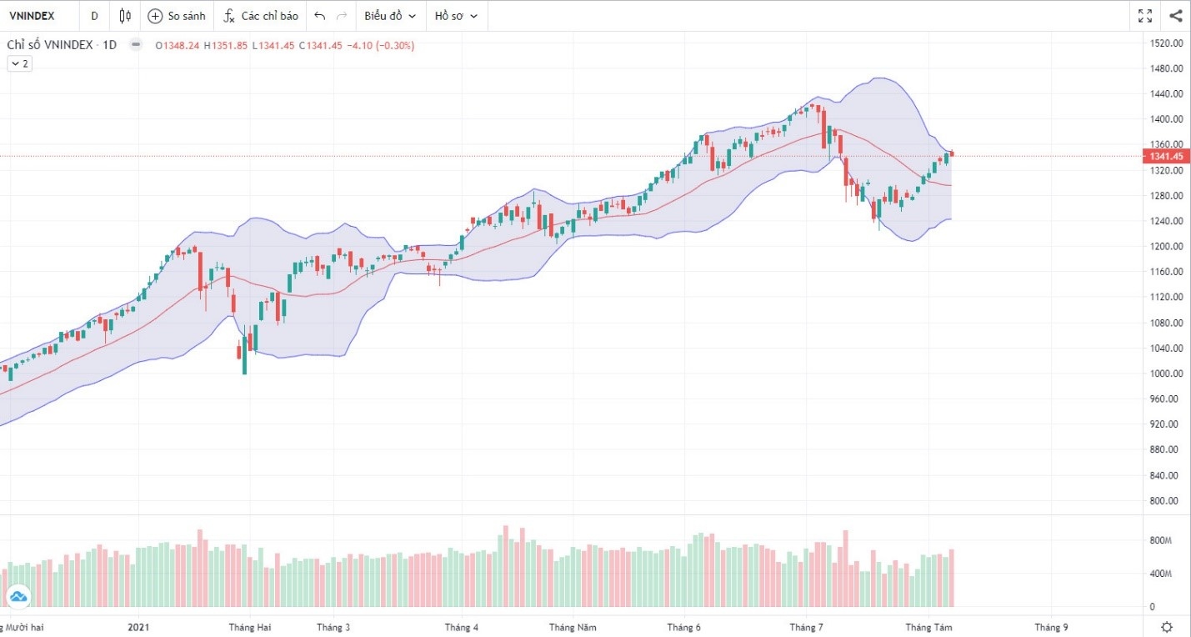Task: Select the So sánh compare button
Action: [176, 16]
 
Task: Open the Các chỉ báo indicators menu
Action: [260, 16]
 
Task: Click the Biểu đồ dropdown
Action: [389, 16]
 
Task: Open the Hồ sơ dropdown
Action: [456, 16]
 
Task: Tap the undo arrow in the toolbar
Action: [320, 16]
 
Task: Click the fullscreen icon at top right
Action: [1145, 16]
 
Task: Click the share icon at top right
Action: [1175, 16]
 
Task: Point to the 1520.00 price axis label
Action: [1167, 43]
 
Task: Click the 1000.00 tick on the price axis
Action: [1167, 374]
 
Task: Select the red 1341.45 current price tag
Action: [1167, 157]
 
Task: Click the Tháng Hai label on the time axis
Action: [250, 627]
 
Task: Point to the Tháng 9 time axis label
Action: [1051, 627]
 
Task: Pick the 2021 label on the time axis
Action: [140, 627]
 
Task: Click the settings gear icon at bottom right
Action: [1168, 627]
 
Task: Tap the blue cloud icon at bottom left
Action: [18, 595]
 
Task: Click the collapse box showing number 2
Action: [20, 63]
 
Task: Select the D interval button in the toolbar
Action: [94, 16]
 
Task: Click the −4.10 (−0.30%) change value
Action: [382, 45]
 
